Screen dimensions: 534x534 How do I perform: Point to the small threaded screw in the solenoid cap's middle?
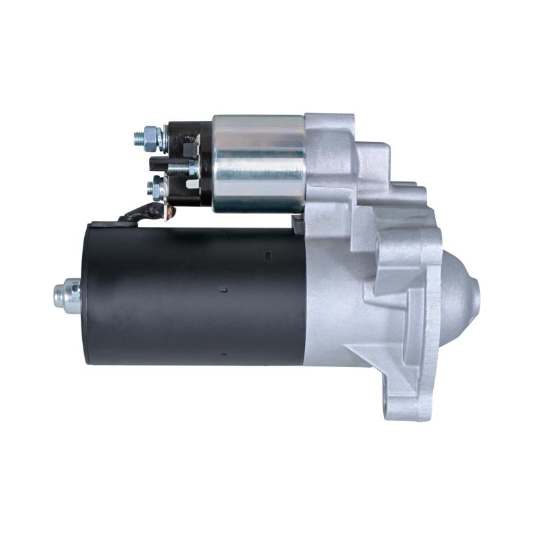pyautogui.click(x=179, y=166)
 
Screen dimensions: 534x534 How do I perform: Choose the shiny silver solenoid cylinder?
pyautogui.click(x=259, y=164)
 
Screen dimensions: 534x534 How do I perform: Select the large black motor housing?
pyautogui.click(x=194, y=294)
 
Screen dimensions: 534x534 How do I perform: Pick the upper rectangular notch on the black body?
pyautogui.click(x=268, y=254)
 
